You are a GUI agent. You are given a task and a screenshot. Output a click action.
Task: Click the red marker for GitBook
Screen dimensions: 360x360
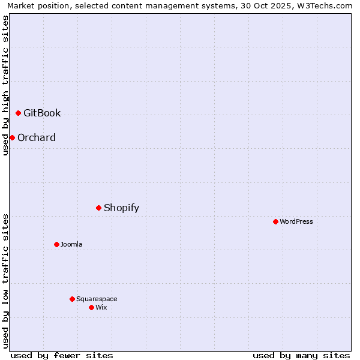18,113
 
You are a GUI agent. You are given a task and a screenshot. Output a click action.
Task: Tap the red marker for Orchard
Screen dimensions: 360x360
12,137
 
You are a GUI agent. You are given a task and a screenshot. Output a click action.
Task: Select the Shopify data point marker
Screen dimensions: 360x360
98,208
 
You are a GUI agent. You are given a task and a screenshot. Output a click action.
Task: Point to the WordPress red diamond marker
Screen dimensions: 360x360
275,221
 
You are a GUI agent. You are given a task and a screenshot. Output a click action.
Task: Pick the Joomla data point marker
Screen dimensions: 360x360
56,244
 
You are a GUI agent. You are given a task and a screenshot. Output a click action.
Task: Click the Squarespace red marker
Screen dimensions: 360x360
72,299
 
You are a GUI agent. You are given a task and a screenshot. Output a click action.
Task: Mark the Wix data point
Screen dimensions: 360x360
91,307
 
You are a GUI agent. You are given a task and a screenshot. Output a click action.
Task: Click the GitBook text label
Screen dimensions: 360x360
42,113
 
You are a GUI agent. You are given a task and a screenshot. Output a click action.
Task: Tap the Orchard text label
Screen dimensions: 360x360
37,137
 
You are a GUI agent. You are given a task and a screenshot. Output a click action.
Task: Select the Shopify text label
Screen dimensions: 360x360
121,208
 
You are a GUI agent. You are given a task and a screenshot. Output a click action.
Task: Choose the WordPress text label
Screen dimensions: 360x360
296,221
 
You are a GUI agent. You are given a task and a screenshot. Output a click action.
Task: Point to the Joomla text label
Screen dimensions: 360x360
71,244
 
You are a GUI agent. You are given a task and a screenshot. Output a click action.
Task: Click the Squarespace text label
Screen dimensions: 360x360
97,299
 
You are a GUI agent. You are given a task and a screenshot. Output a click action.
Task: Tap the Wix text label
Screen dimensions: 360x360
101,307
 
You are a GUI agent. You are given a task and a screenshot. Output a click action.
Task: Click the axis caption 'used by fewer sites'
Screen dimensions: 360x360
62,355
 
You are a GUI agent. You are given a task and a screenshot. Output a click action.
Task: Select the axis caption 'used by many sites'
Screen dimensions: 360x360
301,355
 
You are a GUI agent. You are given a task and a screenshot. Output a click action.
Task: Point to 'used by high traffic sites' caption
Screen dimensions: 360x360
5,85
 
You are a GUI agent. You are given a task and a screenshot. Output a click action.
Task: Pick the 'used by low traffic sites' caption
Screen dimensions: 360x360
5,280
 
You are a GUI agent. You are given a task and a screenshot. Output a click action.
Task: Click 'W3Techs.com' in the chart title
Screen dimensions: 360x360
328,5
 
